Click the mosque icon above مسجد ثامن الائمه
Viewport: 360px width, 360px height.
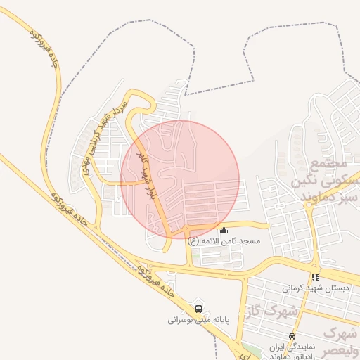click(224, 230)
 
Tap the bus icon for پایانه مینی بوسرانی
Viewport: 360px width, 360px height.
click(198, 308)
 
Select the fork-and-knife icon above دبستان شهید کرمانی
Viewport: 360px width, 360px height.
click(315, 277)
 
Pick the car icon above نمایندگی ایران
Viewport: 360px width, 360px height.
click(292, 336)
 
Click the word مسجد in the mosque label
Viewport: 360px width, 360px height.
click(250, 241)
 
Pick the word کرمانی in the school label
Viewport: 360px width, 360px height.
click(292, 288)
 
